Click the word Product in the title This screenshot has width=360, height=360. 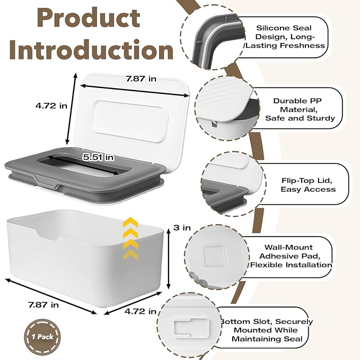tap(89, 18)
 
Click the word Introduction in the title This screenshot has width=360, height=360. tap(91, 50)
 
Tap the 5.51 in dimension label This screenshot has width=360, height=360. tap(98, 157)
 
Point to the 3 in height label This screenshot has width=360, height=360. tap(182, 227)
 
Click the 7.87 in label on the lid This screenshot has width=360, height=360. tap(141, 79)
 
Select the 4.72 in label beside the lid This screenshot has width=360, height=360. tap(51, 106)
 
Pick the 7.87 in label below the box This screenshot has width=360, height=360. tap(43, 305)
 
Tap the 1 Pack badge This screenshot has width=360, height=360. tap(42, 337)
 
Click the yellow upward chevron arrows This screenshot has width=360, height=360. tap(130, 239)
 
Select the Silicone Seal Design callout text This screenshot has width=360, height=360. tap(285, 37)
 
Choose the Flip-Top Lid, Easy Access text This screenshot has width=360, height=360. tap(308, 185)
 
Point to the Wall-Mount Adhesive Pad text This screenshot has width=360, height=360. tap(291, 256)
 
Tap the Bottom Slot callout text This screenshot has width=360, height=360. tap(267, 330)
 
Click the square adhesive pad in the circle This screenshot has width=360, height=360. tap(215, 256)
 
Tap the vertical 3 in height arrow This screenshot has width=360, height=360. tap(169, 259)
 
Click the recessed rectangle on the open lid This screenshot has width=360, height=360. tap(130, 121)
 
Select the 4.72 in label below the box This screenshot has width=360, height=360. tap(141, 311)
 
